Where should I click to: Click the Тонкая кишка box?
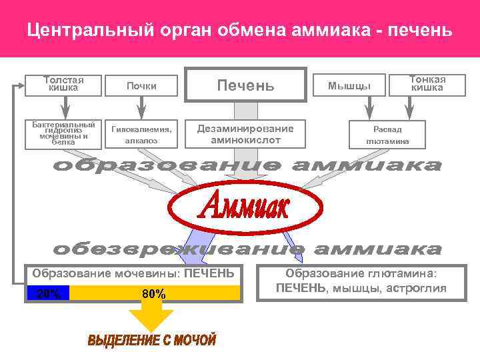(x=427, y=84)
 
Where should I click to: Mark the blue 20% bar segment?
(x=48, y=293)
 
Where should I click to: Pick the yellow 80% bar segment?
(x=155, y=293)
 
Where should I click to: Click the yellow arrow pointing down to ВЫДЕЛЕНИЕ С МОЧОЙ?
(x=153, y=318)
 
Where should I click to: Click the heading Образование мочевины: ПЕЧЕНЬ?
(x=133, y=273)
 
